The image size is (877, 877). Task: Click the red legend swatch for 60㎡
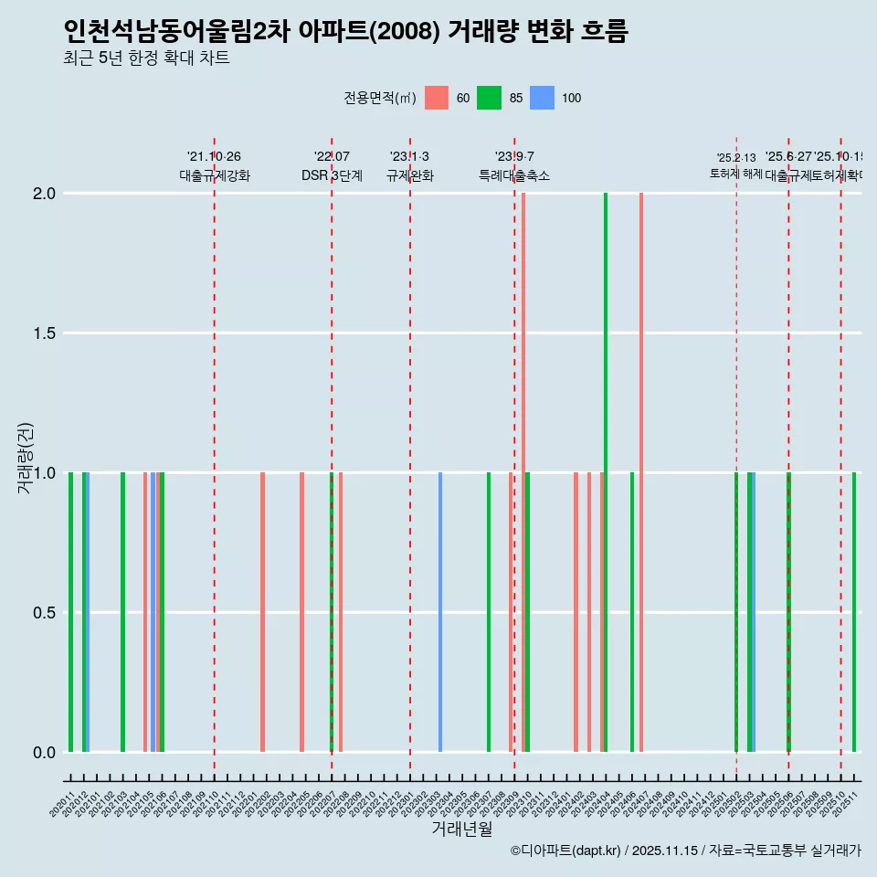437,98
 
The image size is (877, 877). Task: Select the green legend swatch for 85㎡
490,98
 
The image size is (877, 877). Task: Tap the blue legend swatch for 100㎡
543,98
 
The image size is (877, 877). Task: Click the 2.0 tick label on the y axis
43,194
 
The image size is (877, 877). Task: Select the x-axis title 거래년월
461,829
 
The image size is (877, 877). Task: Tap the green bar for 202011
70,612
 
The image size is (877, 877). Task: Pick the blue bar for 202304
440,612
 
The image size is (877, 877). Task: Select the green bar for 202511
854,612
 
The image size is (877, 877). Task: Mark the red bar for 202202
262,612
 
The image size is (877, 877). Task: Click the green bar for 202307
489,612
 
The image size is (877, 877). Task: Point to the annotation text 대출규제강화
214,175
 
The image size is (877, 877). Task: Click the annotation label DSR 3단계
332,175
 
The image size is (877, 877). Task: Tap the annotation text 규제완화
409,175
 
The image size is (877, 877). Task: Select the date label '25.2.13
735,158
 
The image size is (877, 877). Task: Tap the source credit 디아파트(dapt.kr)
566,851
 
